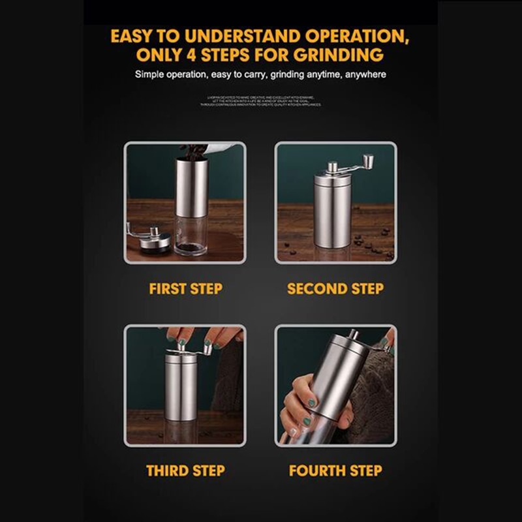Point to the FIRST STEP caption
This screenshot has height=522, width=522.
185,288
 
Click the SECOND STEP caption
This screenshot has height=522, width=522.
335,288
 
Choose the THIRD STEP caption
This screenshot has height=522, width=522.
185,470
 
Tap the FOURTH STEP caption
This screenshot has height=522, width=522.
335,470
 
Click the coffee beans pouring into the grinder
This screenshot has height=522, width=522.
192,151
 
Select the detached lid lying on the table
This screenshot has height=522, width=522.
155,243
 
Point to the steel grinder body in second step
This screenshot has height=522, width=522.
331,209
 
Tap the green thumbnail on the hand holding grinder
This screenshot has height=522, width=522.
312,403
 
